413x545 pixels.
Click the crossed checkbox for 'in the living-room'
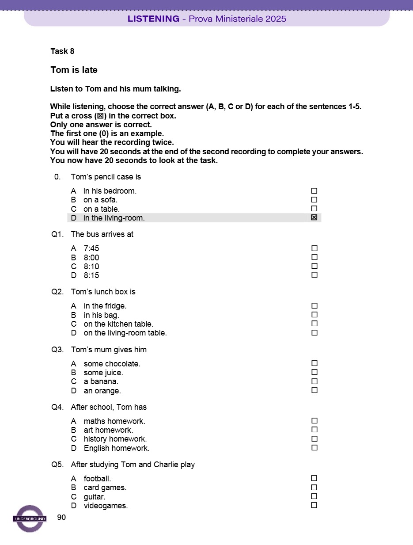[314, 217]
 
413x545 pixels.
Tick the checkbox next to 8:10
[314, 266]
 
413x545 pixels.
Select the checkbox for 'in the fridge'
[314, 306]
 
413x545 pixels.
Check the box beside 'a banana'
[314, 381]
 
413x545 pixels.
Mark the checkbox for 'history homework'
[314, 439]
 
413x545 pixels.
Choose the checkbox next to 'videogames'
[314, 505]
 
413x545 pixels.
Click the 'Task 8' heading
[62, 51]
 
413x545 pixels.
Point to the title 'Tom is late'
[74, 70]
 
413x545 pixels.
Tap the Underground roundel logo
[30, 518]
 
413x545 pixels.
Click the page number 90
[61, 518]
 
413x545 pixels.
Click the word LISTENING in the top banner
[153, 19]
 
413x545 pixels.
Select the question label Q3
[57, 350]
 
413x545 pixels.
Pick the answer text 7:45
[91, 248]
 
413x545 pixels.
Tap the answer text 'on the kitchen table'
[118, 324]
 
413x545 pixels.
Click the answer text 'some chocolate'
[112, 364]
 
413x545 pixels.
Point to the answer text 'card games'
[105, 488]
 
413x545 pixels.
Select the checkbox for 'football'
[314, 478]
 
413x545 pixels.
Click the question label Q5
[57, 465]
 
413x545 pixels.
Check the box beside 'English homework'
[314, 448]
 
